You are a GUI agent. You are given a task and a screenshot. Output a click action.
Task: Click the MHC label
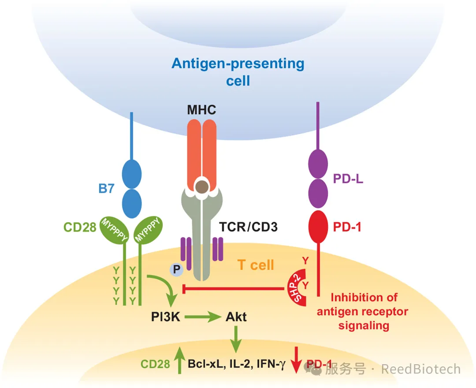(201, 109)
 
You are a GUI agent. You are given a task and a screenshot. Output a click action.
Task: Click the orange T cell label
(256, 265)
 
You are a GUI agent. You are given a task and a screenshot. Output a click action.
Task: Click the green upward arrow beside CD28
(179, 360)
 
